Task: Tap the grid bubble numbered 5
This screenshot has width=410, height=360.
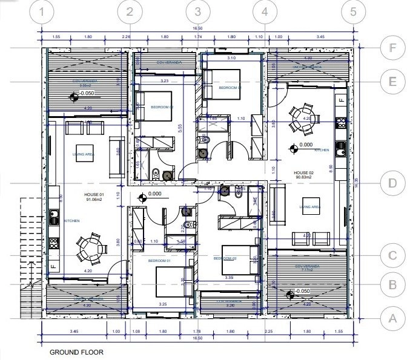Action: pos(352,11)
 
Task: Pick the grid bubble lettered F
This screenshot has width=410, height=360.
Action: pos(392,48)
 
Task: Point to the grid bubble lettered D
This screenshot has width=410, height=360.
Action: pos(392,183)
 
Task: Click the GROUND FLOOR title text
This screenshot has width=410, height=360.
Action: pos(76,352)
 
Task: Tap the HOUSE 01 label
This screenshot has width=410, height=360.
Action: pos(94,195)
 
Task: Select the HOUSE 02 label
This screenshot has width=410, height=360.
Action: pos(303,172)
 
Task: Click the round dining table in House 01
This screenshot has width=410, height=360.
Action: pos(90,247)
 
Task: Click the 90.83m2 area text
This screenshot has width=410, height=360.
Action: pos(303,177)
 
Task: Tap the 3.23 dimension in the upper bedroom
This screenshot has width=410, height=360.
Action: pos(164,80)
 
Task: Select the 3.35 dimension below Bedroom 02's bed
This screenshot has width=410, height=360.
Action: pos(228,277)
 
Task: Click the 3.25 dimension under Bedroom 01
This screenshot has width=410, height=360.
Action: pos(163,304)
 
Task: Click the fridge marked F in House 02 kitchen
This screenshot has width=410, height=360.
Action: pos(341,99)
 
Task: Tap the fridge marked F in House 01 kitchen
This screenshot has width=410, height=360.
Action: pos(53,267)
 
